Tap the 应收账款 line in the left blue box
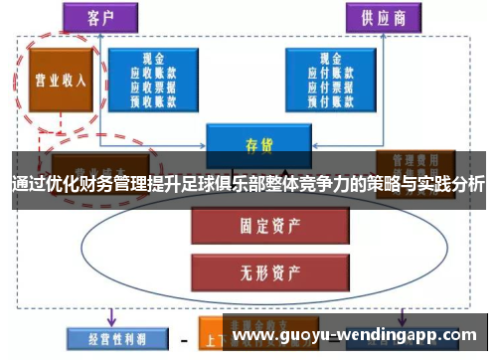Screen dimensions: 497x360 [x=153, y=73]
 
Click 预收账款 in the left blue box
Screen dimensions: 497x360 [x=153, y=98]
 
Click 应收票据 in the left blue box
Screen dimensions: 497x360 [x=153, y=86]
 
